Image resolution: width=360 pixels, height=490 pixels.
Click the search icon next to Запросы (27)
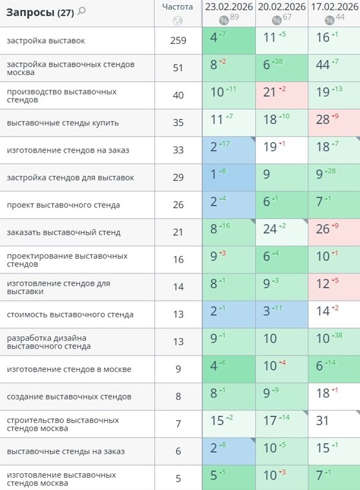coord(81,12)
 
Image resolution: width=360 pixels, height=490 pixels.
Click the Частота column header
coord(178,7)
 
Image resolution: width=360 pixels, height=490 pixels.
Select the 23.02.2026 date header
coord(229,7)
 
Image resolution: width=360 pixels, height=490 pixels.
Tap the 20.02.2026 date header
coord(282,7)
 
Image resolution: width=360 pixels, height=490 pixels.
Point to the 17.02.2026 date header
coord(334,7)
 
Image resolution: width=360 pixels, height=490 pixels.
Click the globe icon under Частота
coord(178,21)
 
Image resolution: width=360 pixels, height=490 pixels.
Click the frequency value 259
coord(178,40)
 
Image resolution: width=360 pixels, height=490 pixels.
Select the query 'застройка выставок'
coord(46,41)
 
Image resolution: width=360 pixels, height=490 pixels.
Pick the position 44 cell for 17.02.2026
coord(334,68)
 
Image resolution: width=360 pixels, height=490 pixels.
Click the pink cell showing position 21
coord(282,96)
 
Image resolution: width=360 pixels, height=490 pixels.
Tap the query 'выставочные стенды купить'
coord(63,123)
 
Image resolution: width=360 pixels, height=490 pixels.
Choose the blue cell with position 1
coord(229,178)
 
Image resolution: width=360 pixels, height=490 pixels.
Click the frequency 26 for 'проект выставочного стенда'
coord(178,205)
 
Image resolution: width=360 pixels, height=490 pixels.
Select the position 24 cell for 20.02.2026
coord(282,232)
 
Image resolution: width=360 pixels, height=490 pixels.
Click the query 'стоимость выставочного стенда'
coord(70,314)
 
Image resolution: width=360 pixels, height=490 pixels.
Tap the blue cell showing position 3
coord(282,314)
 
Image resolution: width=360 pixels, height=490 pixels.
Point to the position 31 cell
coord(334,424)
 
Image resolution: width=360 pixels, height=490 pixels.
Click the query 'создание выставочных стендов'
coord(69,396)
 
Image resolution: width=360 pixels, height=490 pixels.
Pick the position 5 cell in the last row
coord(229,478)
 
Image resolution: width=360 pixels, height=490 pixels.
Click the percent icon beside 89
coord(224,21)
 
